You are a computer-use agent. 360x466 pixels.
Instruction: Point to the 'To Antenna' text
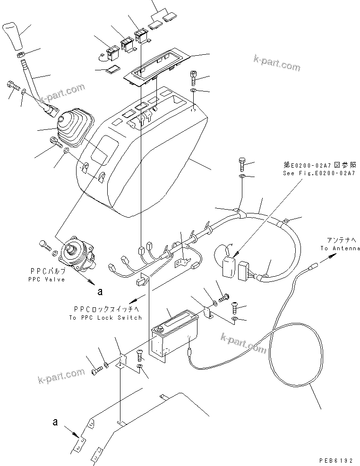click(x=340, y=248)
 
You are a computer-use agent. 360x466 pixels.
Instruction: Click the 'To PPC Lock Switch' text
click(x=105, y=318)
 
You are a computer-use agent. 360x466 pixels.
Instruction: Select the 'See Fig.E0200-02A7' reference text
click(x=320, y=173)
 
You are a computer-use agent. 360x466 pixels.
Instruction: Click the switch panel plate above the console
click(x=158, y=66)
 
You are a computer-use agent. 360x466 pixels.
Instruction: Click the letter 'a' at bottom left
click(x=55, y=422)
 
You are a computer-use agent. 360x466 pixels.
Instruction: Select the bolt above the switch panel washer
click(x=194, y=76)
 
